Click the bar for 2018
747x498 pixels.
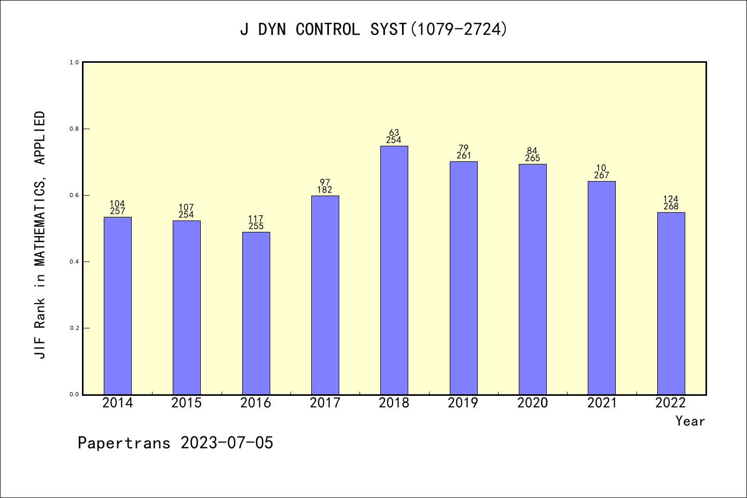pyautogui.click(x=394, y=270)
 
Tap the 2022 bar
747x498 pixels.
pyautogui.click(x=671, y=303)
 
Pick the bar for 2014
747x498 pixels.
pyautogui.click(x=118, y=306)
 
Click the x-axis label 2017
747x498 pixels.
pyautogui.click(x=325, y=403)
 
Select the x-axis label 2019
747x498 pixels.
pyautogui.click(x=463, y=403)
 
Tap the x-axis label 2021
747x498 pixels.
pyautogui.click(x=602, y=403)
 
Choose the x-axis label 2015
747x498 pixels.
pyautogui.click(x=186, y=403)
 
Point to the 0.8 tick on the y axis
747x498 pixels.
pyautogui.click(x=74, y=129)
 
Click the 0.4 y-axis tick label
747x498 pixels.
pyautogui.click(x=74, y=262)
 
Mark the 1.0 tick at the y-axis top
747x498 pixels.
pyautogui.click(x=74, y=62)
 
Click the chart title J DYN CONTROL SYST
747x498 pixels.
pyautogui.click(x=374, y=30)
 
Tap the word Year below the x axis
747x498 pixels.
pyautogui.click(x=690, y=421)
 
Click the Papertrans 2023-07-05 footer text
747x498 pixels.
pyautogui.click(x=175, y=443)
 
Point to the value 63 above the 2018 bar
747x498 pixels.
pyautogui.click(x=394, y=133)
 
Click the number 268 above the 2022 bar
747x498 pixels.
pyautogui.click(x=671, y=206)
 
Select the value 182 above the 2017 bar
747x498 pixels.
pyautogui.click(x=325, y=190)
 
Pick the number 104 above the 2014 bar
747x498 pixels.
pyautogui.click(x=117, y=204)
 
